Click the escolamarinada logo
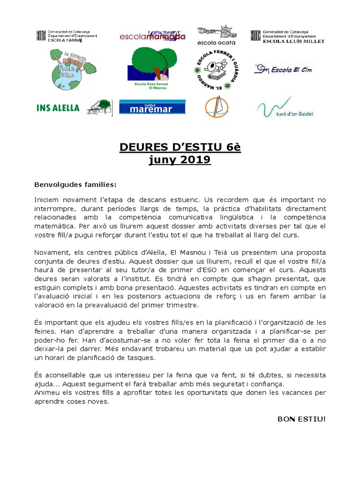point(153,37)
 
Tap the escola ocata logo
point(217,35)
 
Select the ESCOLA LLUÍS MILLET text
point(293,41)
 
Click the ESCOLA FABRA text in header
point(61,40)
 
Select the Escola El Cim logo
point(283,70)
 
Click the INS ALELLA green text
point(58,108)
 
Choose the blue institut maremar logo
point(152,107)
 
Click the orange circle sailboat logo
point(216,107)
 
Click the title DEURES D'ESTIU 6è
point(180,148)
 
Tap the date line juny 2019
point(180,160)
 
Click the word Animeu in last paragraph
point(47,393)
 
